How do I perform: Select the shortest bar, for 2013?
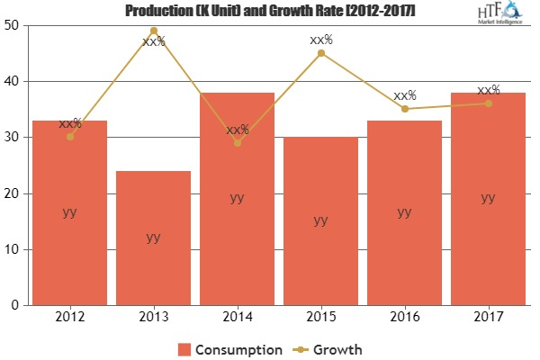153,238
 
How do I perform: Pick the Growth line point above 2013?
153,31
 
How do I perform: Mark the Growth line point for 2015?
320,53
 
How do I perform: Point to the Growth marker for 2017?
488,103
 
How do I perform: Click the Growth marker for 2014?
237,142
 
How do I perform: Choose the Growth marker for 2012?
70,137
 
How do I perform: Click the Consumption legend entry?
230,348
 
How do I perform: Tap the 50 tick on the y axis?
14,25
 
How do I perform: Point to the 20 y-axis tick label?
14,193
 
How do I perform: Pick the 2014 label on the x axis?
237,319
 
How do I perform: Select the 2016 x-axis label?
404,319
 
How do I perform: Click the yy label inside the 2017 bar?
488,198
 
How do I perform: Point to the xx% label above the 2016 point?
405,95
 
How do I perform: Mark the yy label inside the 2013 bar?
153,238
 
